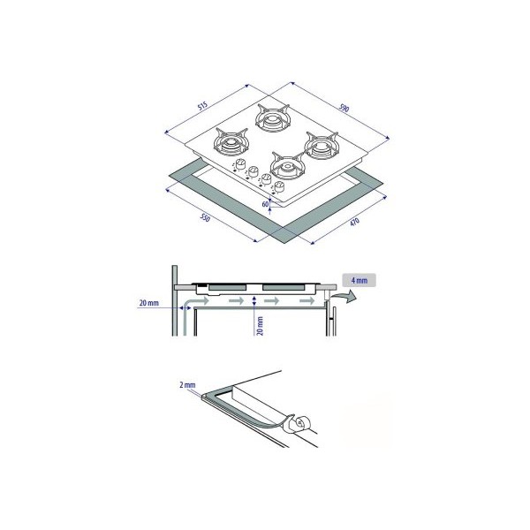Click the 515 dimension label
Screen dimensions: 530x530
(x=202, y=106)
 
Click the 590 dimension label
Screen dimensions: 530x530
(x=344, y=108)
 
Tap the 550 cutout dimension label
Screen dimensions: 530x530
(x=205, y=218)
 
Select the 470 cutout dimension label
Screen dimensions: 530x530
(x=354, y=223)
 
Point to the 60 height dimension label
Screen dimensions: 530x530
(x=265, y=204)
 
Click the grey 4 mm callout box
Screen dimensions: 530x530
(x=359, y=280)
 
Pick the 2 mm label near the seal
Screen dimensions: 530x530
(x=187, y=385)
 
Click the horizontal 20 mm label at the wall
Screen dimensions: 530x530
(x=148, y=303)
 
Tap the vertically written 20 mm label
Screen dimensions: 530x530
(x=260, y=326)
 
